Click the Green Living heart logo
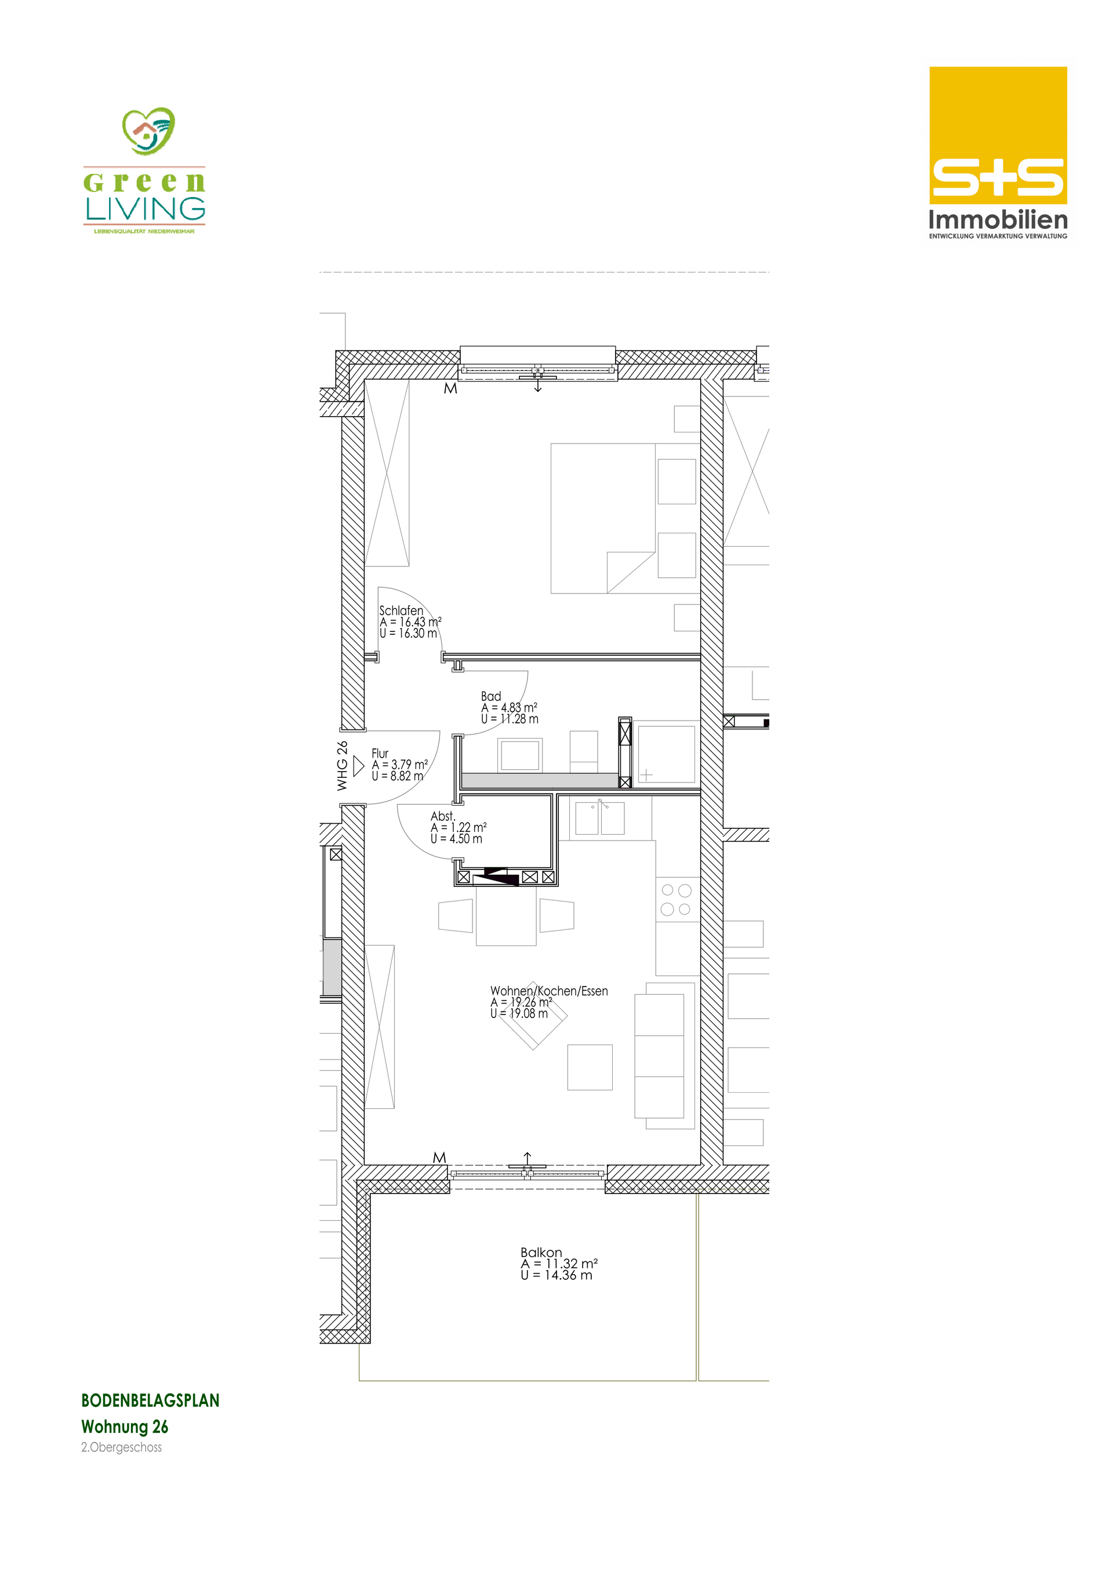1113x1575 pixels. click(x=148, y=130)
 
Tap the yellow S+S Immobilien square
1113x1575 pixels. click(x=998, y=135)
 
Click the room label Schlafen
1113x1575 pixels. click(x=401, y=610)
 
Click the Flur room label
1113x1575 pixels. click(x=380, y=753)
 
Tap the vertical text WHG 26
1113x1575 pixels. click(x=341, y=766)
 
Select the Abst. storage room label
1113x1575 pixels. click(x=443, y=816)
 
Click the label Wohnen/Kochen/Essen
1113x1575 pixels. click(x=549, y=991)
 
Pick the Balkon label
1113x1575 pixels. click(x=541, y=1252)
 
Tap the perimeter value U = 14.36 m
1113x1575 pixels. click(x=556, y=1275)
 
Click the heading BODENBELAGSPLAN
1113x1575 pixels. click(x=150, y=1400)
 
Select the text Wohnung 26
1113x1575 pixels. click(x=125, y=1427)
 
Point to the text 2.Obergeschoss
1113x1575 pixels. click(x=122, y=1447)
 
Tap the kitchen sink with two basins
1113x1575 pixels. click(x=599, y=818)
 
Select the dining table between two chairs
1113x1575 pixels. click(x=507, y=916)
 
